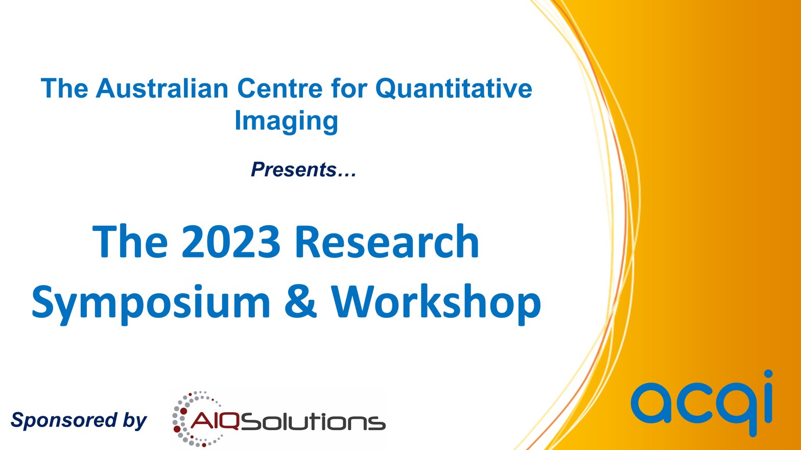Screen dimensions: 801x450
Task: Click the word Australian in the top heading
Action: point(162,88)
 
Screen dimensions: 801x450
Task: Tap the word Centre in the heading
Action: point(280,88)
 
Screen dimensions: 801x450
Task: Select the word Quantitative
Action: point(454,88)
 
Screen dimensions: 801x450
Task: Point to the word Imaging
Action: point(286,122)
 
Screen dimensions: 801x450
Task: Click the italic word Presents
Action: point(294,169)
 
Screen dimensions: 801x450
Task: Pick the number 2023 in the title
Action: point(231,241)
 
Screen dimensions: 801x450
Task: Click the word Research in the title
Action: point(387,241)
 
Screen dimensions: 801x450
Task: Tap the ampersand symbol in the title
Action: point(301,301)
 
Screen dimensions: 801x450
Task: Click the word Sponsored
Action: point(64,421)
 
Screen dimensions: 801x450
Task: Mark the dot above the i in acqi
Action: point(768,375)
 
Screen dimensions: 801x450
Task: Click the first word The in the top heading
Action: point(64,88)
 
